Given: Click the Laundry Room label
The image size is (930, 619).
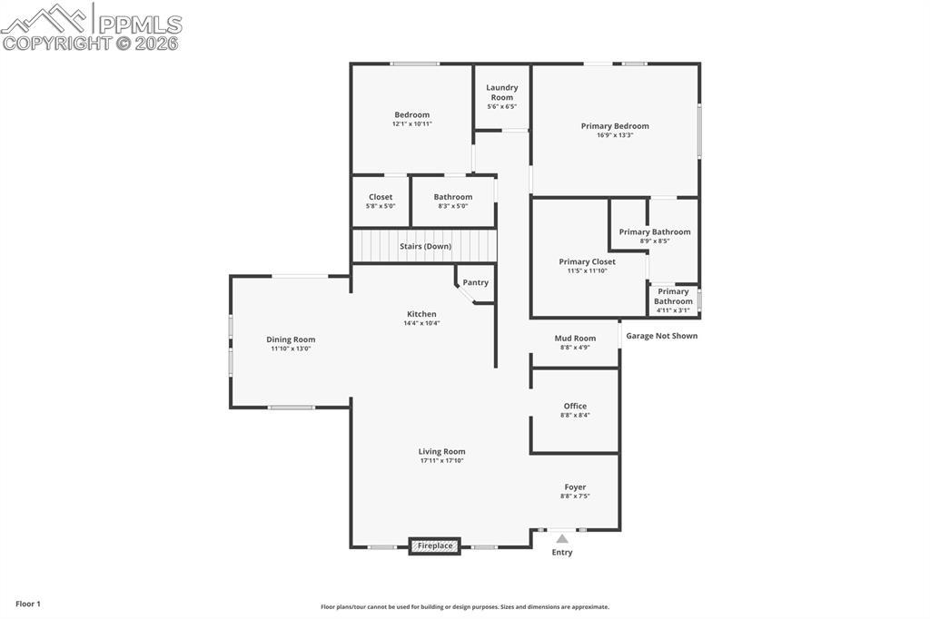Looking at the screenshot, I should pyautogui.click(x=501, y=92).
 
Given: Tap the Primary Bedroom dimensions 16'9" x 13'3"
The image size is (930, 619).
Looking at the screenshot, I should pyautogui.click(x=615, y=135).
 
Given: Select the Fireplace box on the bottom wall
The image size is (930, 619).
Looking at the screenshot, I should pyautogui.click(x=435, y=545).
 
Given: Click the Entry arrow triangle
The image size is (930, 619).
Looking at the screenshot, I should pyautogui.click(x=562, y=539).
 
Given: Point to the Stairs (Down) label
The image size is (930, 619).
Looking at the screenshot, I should pyautogui.click(x=425, y=246).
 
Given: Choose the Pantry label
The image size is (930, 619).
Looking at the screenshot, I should pyautogui.click(x=475, y=282).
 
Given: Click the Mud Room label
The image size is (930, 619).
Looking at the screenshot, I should pyautogui.click(x=575, y=338).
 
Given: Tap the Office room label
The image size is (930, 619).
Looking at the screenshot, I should pyautogui.click(x=575, y=406).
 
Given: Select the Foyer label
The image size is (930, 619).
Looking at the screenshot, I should pyautogui.click(x=575, y=487).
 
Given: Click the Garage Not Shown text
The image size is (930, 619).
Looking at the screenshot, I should pyautogui.click(x=661, y=336).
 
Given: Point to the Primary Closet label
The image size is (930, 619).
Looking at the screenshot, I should pyautogui.click(x=587, y=261).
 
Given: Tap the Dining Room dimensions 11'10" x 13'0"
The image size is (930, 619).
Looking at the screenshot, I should pyautogui.click(x=291, y=349).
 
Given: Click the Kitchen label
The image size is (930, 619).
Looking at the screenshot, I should pyautogui.click(x=421, y=314).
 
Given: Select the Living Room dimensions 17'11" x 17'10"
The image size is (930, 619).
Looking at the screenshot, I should pyautogui.click(x=441, y=461).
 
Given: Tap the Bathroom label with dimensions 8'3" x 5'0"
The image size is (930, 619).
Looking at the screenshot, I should pyautogui.click(x=452, y=197).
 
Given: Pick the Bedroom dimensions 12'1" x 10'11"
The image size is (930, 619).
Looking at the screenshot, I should pyautogui.click(x=411, y=124).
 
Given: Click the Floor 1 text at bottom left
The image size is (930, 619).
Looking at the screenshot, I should pyautogui.click(x=27, y=604).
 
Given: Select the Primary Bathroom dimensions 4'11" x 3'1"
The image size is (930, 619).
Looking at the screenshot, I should pyautogui.click(x=673, y=310).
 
